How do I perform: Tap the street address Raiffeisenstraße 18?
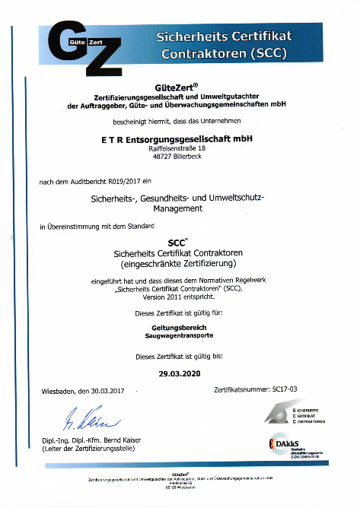click(x=176, y=150)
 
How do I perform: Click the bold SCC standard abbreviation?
click(x=176, y=243)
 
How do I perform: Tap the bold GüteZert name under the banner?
click(x=176, y=86)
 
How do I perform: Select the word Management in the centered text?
click(x=176, y=208)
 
